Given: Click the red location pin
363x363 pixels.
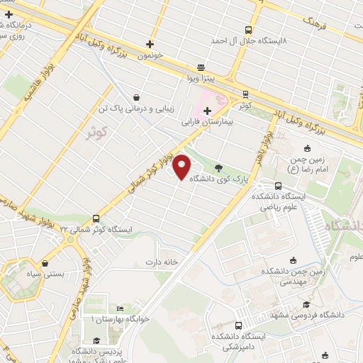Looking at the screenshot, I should click(x=182, y=168).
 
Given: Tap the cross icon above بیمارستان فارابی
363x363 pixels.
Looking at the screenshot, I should click(x=207, y=111).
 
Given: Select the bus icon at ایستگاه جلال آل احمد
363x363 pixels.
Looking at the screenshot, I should click(x=248, y=30).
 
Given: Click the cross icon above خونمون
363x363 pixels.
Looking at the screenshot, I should click(x=149, y=44).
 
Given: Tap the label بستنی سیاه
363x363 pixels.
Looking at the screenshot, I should click(x=50, y=272).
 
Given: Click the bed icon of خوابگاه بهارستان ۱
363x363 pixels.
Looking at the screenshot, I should click(x=121, y=309).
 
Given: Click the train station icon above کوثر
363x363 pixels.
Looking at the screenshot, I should click(x=245, y=94).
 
